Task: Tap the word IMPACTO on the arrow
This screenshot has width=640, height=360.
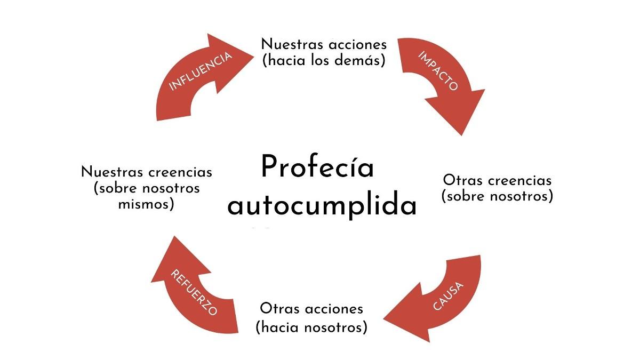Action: point(438,71)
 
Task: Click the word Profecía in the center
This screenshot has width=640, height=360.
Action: point(317,167)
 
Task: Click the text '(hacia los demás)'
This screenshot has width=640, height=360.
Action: point(324,60)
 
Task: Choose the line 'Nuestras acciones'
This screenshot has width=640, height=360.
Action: point(324,44)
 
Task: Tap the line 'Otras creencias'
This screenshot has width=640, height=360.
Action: point(497,180)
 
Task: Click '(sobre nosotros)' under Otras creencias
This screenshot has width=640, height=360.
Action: point(497,196)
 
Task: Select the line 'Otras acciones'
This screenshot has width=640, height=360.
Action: point(311,309)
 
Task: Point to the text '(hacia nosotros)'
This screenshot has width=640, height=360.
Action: point(311,326)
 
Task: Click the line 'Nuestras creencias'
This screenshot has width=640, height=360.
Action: point(147,172)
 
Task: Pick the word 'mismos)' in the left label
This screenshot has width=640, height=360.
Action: point(147,204)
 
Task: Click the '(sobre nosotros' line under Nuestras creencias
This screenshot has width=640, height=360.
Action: point(147,188)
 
